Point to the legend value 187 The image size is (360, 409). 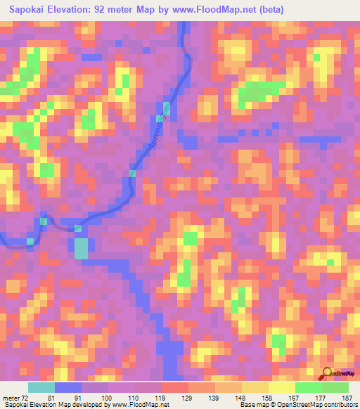coord(347,397)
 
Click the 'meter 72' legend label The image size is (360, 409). coord(17,397)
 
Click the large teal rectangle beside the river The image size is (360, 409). coord(82,248)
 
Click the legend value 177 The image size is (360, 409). coord(321,397)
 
